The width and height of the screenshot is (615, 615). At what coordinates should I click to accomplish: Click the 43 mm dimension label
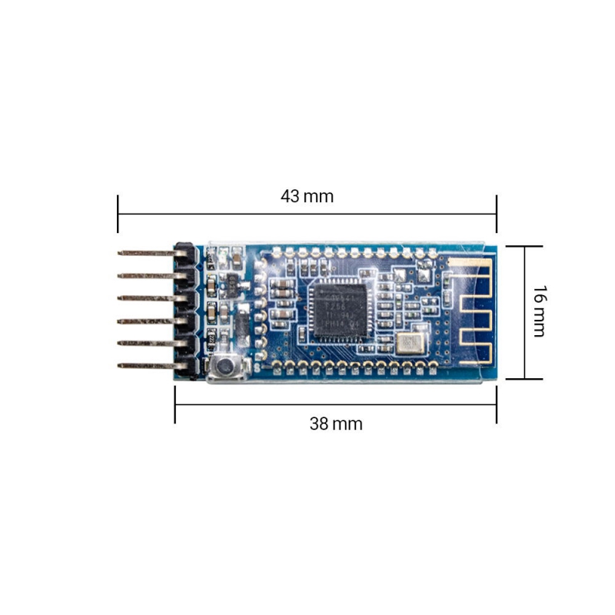point(307,196)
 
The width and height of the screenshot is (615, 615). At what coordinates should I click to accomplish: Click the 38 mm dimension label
point(336,424)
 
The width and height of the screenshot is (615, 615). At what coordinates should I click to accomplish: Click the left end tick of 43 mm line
point(118,214)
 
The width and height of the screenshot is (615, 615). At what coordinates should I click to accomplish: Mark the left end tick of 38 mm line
point(175,404)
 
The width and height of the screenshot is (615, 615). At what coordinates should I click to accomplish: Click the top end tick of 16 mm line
point(526,246)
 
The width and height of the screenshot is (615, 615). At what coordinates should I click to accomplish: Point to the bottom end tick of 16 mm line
point(526,378)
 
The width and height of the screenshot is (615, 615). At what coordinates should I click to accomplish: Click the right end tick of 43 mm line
point(497,214)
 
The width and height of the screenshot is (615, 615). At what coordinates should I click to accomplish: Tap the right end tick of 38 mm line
point(497,404)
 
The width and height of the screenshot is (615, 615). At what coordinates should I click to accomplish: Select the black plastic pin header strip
point(184,309)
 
